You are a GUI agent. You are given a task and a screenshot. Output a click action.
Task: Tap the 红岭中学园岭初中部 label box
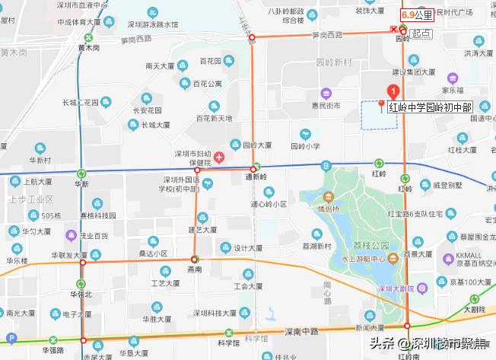pos(429,107)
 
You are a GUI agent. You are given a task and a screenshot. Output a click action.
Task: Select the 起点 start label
pos(421,33)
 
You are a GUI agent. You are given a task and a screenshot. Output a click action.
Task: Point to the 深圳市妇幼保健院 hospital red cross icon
pos(219,158)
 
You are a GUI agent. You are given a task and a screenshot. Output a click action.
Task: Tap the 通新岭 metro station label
pos(256,177)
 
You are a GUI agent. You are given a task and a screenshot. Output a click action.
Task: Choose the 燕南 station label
pos(195,269)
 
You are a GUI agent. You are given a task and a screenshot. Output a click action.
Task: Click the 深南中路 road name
pos(300,331)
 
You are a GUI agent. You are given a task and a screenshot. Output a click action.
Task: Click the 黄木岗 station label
pos(88,46)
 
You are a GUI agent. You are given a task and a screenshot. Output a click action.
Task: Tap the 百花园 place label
pos(210,61)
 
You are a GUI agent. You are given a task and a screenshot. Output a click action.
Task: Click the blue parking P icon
pos(10,338)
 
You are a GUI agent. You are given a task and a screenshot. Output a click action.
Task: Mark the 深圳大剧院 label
pos(396,289)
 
